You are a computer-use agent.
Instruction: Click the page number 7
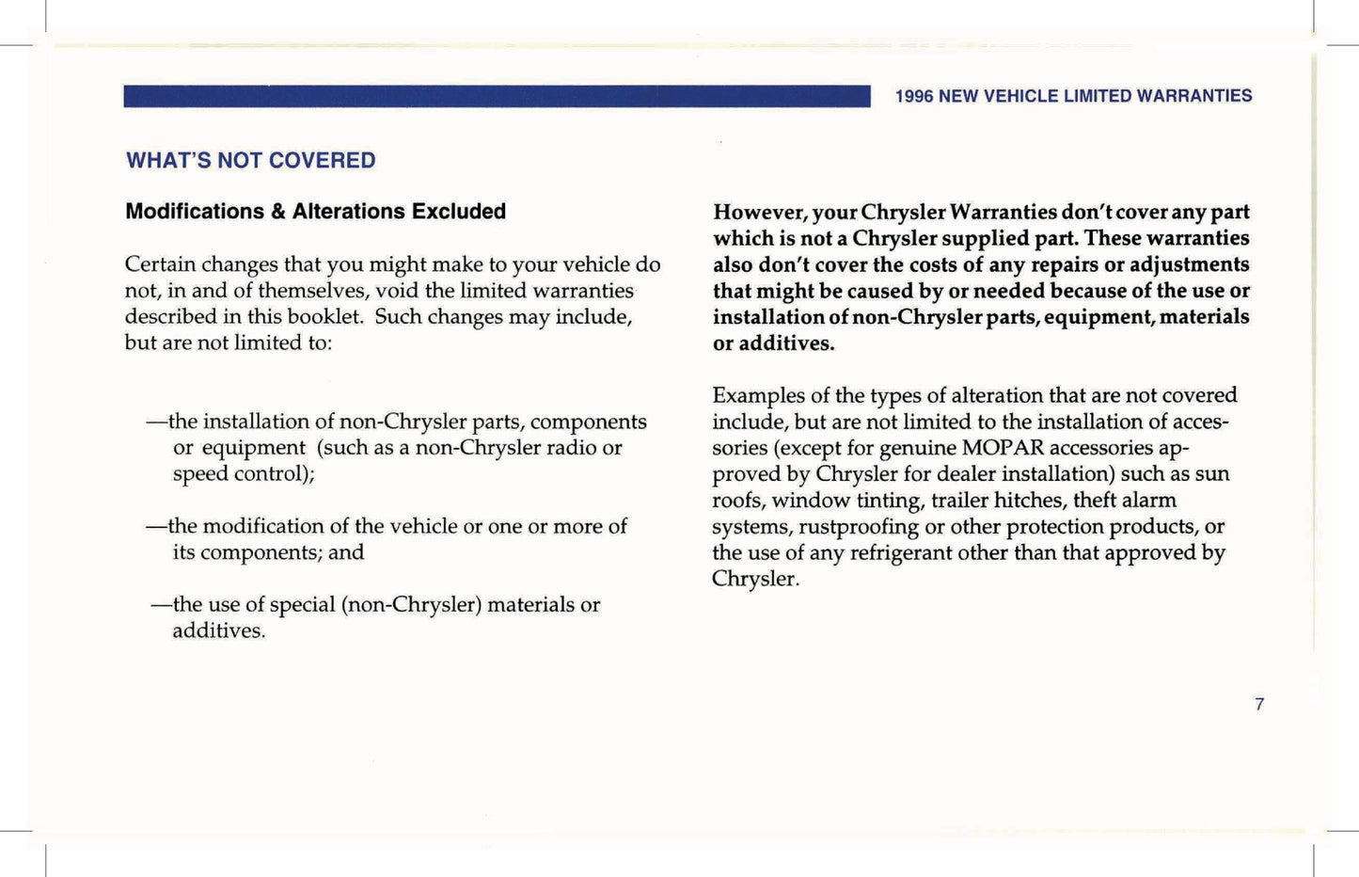(x=1259, y=704)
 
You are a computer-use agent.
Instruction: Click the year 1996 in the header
(x=913, y=96)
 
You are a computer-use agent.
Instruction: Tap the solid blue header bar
(x=497, y=96)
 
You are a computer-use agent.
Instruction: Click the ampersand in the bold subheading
(x=277, y=212)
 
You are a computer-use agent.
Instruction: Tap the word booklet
(x=326, y=316)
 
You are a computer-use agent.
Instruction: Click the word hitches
(x=1030, y=501)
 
